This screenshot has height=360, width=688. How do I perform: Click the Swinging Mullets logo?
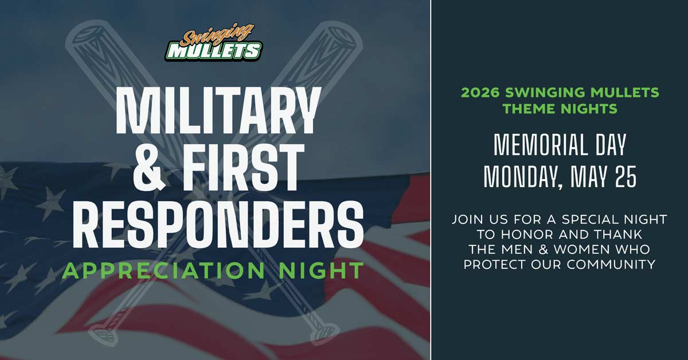point(213,42)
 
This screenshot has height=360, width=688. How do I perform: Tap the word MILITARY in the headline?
point(217,110)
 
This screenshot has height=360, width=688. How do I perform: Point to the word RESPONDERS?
point(218,224)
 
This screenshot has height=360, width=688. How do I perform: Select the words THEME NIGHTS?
point(560,109)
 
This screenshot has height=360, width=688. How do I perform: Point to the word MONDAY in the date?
point(523,177)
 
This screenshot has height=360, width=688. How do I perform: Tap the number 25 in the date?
point(626,177)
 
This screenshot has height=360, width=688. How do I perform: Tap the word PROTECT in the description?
point(495,264)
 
